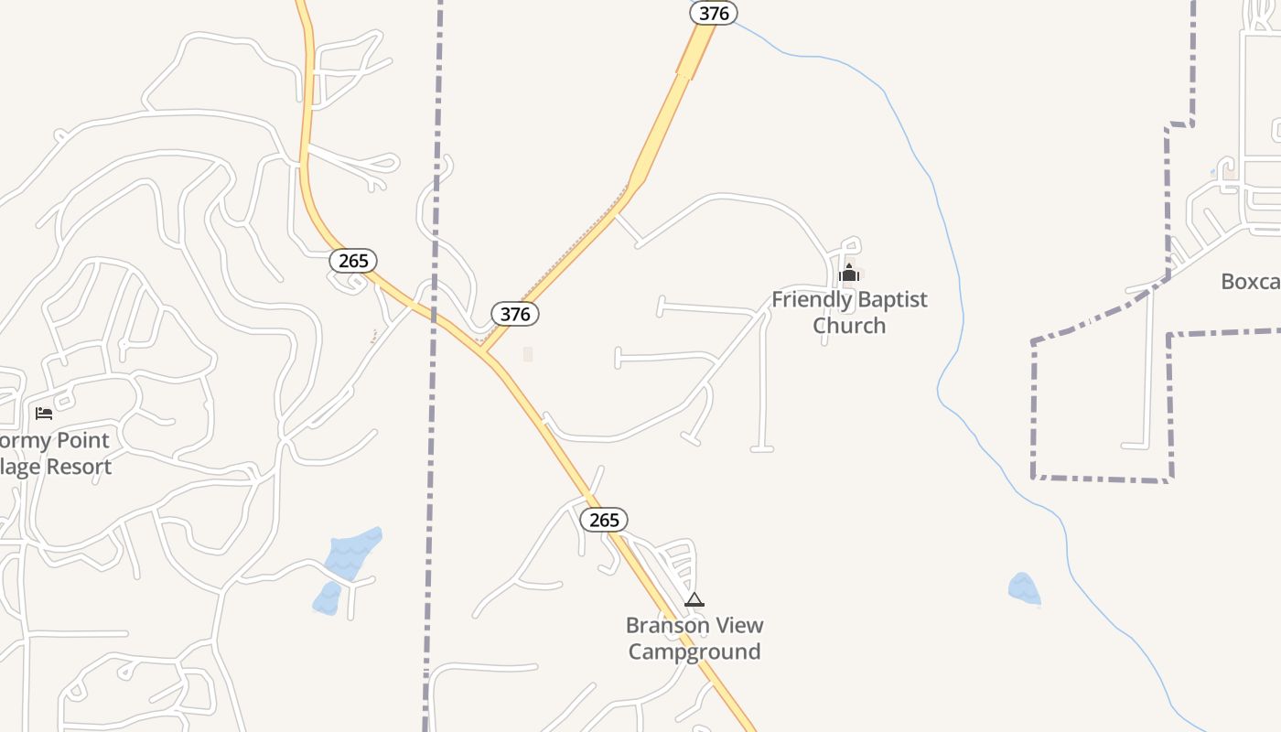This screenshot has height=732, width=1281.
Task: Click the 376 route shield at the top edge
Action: [x=714, y=13]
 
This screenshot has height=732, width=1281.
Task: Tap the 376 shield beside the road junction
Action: [x=515, y=314]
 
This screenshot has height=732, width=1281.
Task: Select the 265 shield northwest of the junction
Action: [x=353, y=261]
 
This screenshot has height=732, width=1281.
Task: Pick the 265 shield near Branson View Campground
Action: [x=604, y=520]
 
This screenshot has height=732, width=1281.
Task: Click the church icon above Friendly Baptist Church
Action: [x=849, y=273]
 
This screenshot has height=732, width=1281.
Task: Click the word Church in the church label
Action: [x=849, y=326]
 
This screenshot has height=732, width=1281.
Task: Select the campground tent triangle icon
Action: [x=694, y=600]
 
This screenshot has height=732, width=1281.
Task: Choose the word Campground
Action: [x=694, y=652]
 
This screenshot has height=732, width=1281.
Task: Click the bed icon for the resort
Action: [x=44, y=414]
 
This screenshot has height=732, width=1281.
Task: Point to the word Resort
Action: [x=79, y=467]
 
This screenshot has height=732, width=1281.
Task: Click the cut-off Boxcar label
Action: [x=1251, y=282]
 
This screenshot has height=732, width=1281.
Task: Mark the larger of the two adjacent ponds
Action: [x=352, y=552]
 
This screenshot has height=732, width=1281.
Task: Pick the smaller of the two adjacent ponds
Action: [x=327, y=598]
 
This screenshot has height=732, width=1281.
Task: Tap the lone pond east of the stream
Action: [x=1024, y=588]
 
